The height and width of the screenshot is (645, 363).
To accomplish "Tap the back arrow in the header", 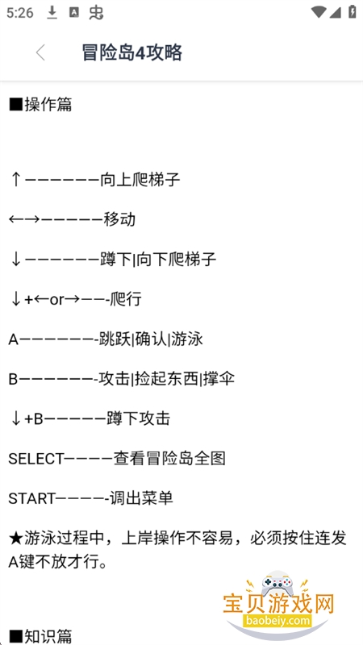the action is (40, 53).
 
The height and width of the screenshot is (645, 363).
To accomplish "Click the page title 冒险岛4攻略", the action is (132, 53).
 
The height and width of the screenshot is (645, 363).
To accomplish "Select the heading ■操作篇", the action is (40, 105).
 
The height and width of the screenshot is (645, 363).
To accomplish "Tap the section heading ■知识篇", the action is (40, 636).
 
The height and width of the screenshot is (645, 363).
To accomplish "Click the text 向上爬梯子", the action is (140, 180).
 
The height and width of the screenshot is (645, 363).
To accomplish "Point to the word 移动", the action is (119, 219).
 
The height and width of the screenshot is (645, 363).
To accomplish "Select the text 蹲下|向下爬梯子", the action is (158, 259).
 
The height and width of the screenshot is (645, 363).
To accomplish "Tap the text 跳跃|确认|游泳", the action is (151, 339).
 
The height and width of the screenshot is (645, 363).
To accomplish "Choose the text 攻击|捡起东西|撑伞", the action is (167, 379).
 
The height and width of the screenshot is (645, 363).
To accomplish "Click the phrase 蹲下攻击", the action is (138, 418).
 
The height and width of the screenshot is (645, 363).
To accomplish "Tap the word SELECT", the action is (36, 459).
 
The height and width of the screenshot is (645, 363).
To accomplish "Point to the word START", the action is (31, 498).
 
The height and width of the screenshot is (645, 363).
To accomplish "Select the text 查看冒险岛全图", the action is (169, 458).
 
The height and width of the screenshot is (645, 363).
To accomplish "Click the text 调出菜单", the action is (141, 498).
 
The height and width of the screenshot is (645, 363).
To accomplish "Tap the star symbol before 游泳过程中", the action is (16, 538).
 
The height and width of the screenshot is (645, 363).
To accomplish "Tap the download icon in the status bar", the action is (52, 13).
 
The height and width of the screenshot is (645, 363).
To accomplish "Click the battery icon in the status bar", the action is (353, 11).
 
